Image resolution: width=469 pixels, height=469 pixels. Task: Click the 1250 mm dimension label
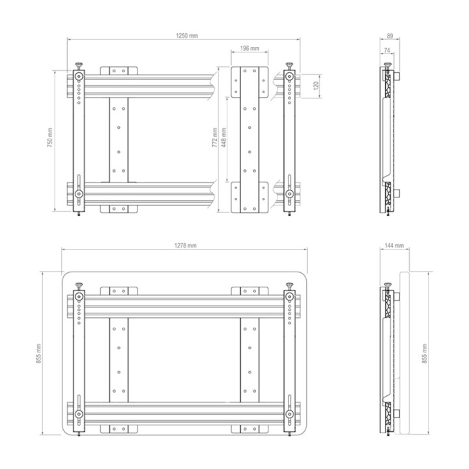(x=187, y=36)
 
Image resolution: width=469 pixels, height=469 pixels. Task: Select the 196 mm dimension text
(x=249, y=48)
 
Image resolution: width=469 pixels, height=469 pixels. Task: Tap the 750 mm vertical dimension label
(x=50, y=137)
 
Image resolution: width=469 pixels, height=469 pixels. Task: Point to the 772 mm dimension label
(x=214, y=137)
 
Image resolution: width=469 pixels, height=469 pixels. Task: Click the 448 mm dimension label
(x=223, y=137)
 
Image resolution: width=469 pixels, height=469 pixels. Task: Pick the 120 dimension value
(x=316, y=86)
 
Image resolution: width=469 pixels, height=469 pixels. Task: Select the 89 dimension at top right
(x=390, y=36)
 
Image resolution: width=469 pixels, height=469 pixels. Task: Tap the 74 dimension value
(x=387, y=51)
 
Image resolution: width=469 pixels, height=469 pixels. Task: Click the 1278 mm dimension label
(x=186, y=246)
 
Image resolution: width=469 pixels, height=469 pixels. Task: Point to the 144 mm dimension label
(x=394, y=246)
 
